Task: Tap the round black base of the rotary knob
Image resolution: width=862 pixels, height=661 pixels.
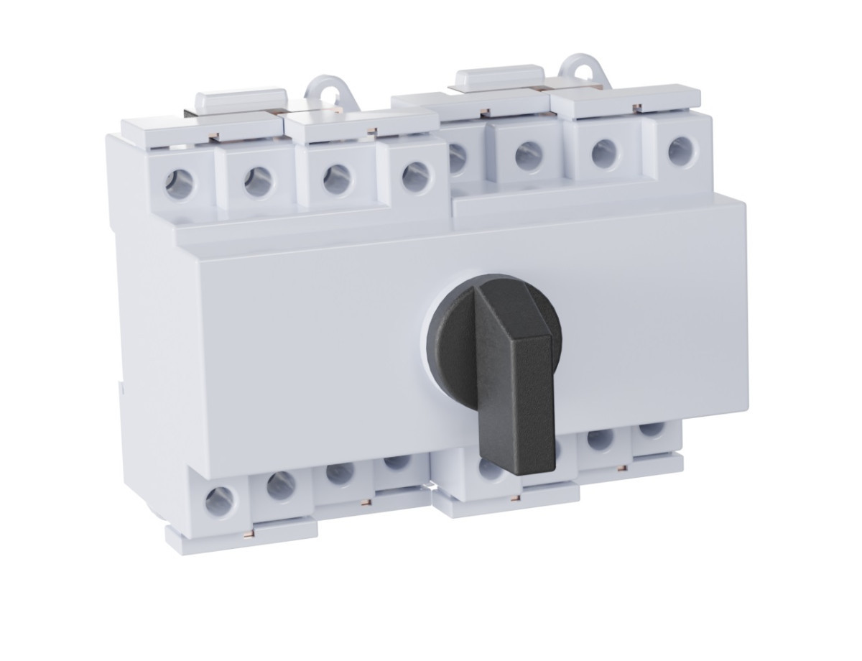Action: (x=449, y=338)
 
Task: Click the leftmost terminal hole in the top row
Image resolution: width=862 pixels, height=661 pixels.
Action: (x=179, y=185)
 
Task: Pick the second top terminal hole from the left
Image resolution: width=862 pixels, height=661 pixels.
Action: (x=257, y=182)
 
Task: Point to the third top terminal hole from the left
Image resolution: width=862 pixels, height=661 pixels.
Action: (x=336, y=179)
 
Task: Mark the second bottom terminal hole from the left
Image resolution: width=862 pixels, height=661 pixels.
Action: (x=282, y=485)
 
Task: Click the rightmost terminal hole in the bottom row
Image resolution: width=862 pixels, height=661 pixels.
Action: (x=651, y=429)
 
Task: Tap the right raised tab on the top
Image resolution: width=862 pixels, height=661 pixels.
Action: (x=499, y=76)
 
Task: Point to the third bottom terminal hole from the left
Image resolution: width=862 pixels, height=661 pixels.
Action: (x=338, y=473)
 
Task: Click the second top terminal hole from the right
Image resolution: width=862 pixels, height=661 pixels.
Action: (x=604, y=153)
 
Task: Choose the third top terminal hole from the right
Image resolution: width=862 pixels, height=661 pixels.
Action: (x=528, y=152)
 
